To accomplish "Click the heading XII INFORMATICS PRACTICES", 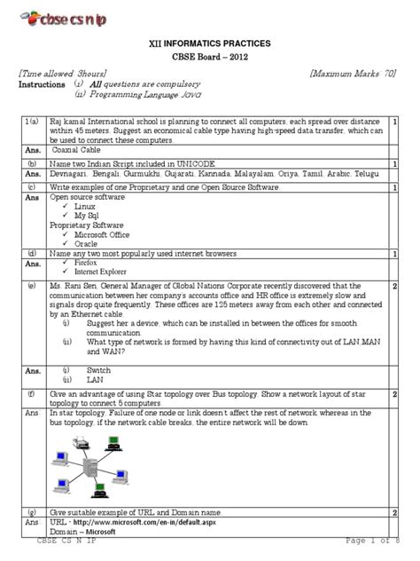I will pyautogui.click(x=209, y=43).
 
